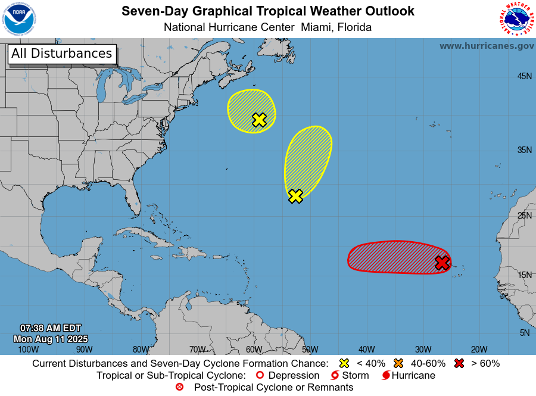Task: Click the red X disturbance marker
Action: pyautogui.click(x=441, y=263)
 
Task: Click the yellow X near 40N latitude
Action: pyautogui.click(x=259, y=120)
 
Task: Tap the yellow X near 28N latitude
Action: pyautogui.click(x=295, y=196)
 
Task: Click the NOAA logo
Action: pyautogui.click(x=19, y=19)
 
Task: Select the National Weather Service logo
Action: pyautogui.click(x=516, y=19)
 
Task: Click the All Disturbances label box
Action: pyautogui.click(x=61, y=54)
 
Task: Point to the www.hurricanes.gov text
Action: pyautogui.click(x=487, y=46)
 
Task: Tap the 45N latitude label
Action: pyautogui.click(x=524, y=76)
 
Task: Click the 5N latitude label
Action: pyautogui.click(x=524, y=333)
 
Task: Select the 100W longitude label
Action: pyautogui.click(x=28, y=350)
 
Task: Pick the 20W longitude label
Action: pyautogui.click(x=479, y=350)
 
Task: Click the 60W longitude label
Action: pyautogui.click(x=254, y=350)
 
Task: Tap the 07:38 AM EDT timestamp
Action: pyautogui.click(x=51, y=328)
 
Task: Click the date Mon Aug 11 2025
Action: pyautogui.click(x=51, y=339)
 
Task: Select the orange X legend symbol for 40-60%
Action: pyautogui.click(x=398, y=363)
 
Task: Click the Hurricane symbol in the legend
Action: pyautogui.click(x=387, y=376)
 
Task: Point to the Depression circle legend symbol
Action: pyautogui.click(x=260, y=376)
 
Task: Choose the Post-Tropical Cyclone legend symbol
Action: pyautogui.click(x=179, y=387)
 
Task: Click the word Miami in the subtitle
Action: pyautogui.click(x=317, y=27)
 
